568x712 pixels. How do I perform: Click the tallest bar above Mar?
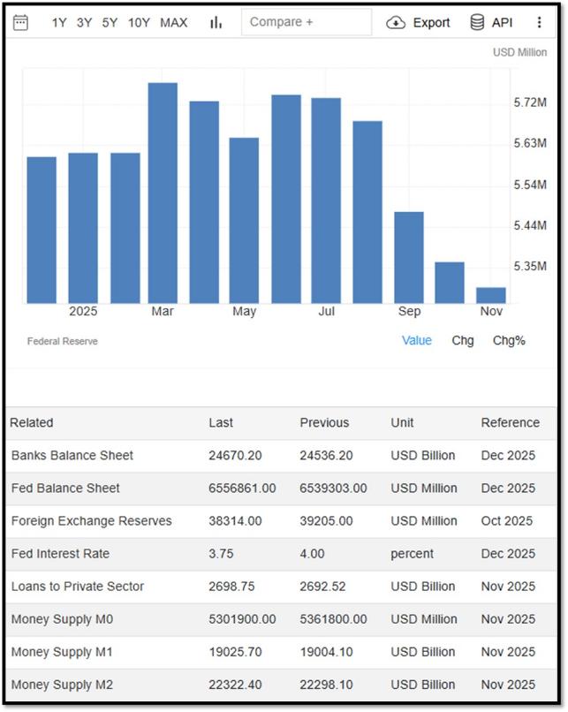pyautogui.click(x=163, y=193)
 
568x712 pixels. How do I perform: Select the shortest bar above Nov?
pyautogui.click(x=491, y=295)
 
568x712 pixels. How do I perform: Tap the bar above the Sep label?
pyautogui.click(x=409, y=257)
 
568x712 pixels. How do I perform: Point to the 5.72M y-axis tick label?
pyautogui.click(x=530, y=102)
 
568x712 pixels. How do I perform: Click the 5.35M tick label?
pyautogui.click(x=530, y=266)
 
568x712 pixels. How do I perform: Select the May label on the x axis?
pyautogui.click(x=245, y=312)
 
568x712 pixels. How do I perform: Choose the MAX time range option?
pyautogui.click(x=173, y=22)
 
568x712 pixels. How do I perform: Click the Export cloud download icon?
pyautogui.click(x=396, y=22)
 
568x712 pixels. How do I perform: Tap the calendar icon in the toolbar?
pyautogui.click(x=20, y=22)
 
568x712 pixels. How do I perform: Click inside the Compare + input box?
pyautogui.click(x=307, y=22)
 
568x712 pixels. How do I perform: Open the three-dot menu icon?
pyautogui.click(x=539, y=22)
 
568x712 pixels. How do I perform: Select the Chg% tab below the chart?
pyautogui.click(x=509, y=341)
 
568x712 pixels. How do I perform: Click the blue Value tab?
pyautogui.click(x=416, y=341)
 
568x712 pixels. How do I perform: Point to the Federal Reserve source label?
pyautogui.click(x=62, y=341)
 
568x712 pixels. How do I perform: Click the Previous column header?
pyautogui.click(x=324, y=423)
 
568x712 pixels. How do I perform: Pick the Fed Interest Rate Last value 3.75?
pyautogui.click(x=221, y=554)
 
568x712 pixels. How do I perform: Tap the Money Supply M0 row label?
pyautogui.click(x=62, y=619)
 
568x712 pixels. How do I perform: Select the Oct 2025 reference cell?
pyautogui.click(x=507, y=521)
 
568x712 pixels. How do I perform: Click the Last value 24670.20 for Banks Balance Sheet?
pyautogui.click(x=235, y=456)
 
